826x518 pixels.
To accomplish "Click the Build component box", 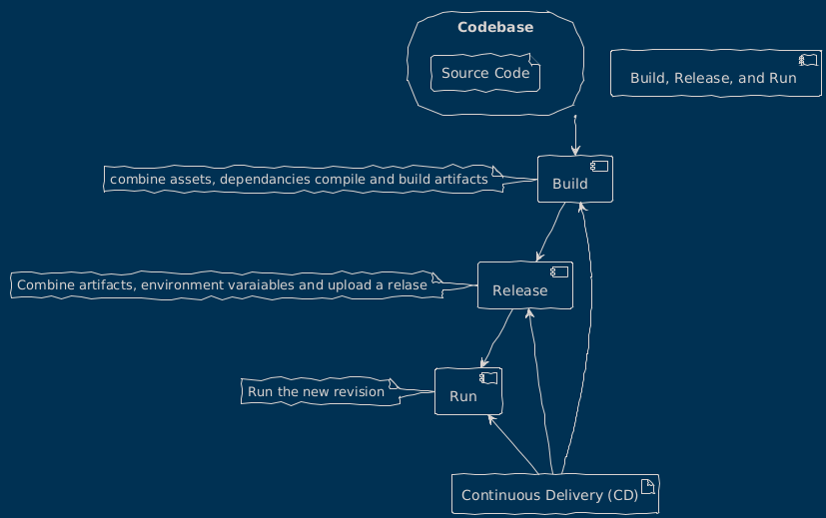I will click(x=573, y=180).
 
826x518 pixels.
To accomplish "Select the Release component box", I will click(x=524, y=286).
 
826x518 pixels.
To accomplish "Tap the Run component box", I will click(x=467, y=391).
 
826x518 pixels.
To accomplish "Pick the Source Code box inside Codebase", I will click(x=484, y=73).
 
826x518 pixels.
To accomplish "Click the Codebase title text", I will click(x=494, y=27).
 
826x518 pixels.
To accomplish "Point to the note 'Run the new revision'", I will click(x=316, y=391).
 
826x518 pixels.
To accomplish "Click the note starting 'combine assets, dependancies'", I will click(x=300, y=180).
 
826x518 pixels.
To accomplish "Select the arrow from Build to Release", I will click(x=549, y=234).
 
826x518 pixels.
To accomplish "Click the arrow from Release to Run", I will click(x=496, y=339).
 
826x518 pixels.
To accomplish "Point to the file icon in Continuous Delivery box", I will click(x=648, y=484).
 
